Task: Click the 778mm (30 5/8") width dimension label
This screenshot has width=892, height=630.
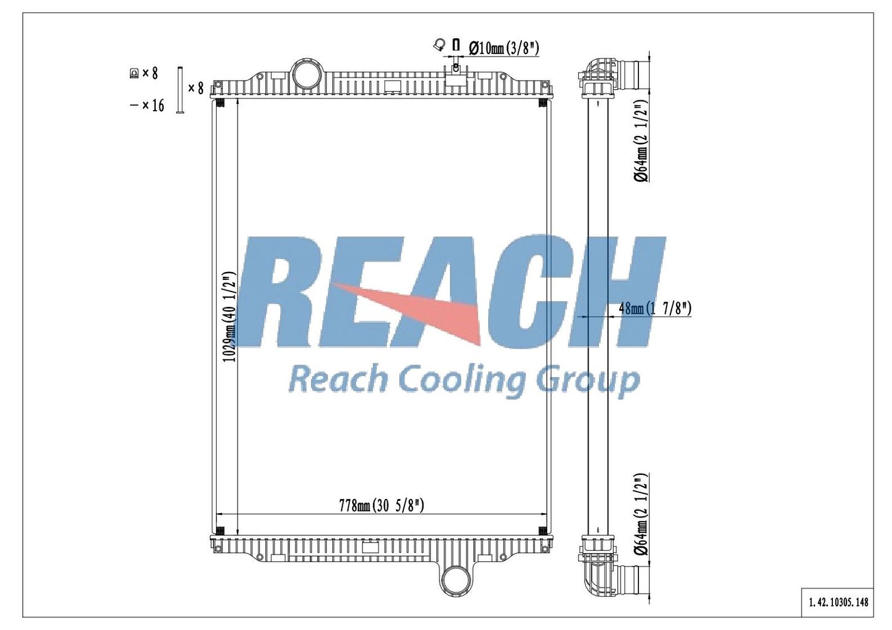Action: (x=382, y=506)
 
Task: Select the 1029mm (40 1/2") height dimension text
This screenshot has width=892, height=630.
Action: (x=230, y=317)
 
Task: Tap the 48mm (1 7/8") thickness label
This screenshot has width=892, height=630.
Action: (x=655, y=308)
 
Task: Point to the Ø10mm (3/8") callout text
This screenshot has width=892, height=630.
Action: (x=504, y=49)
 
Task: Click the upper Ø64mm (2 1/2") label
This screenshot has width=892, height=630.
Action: (x=641, y=141)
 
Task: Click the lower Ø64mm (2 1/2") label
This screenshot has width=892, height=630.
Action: (x=641, y=514)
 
